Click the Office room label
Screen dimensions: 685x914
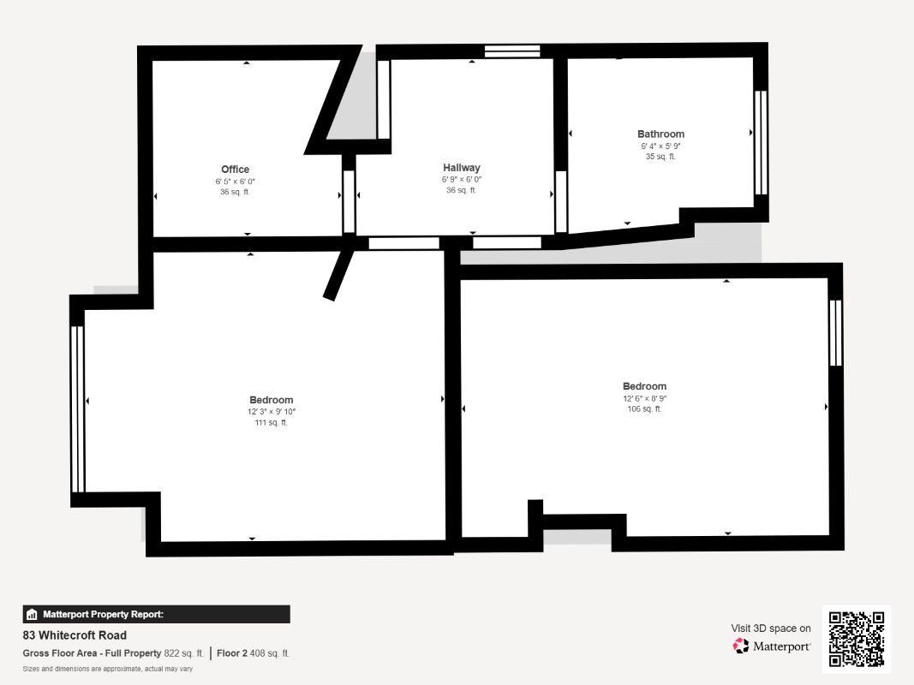(x=235, y=170)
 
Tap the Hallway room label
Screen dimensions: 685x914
(x=462, y=168)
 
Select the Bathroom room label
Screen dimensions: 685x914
(x=660, y=134)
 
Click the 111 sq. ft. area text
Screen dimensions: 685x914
(x=272, y=423)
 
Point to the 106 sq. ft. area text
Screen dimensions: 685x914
(x=644, y=409)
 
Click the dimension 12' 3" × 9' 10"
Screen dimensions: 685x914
(x=272, y=412)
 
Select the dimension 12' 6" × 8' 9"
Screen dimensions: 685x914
(x=644, y=398)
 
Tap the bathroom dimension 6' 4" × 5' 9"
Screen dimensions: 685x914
(x=660, y=146)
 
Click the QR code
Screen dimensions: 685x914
(x=857, y=639)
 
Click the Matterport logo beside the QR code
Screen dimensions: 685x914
(x=772, y=646)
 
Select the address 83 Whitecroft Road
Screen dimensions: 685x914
(x=75, y=635)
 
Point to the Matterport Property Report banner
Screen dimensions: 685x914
(x=156, y=614)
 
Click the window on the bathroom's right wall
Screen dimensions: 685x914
(x=760, y=142)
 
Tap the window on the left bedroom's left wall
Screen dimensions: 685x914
(x=78, y=409)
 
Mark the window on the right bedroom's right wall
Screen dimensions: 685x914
(x=835, y=332)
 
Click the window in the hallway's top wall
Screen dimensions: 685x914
(x=512, y=51)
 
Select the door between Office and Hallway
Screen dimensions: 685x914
(x=349, y=202)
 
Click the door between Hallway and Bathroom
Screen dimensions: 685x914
(x=561, y=202)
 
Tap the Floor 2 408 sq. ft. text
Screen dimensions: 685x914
(x=254, y=653)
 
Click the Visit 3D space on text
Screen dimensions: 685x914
(x=771, y=628)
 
